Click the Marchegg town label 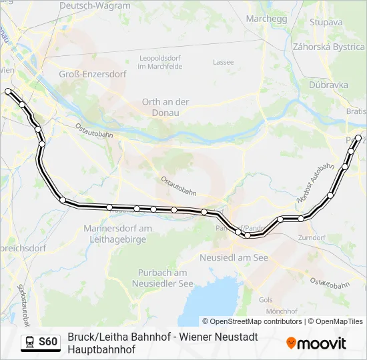pyautogui.click(x=266, y=19)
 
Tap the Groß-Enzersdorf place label pyautogui.click(x=93, y=74)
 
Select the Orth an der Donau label pyautogui.click(x=165, y=107)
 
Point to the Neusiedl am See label pyautogui.click(x=234, y=257)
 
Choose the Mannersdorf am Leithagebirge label pyautogui.click(x=117, y=233)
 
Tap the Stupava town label pyautogui.click(x=326, y=21)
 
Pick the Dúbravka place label pyautogui.click(x=328, y=85)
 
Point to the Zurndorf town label pyautogui.click(x=312, y=237)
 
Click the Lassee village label pyautogui.click(x=223, y=62)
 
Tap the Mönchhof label pyautogui.click(x=281, y=311)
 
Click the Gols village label pyautogui.click(x=266, y=300)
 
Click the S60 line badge pyautogui.click(x=48, y=342)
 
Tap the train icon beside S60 pyautogui.click(x=29, y=342)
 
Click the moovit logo pyautogui.click(x=316, y=343)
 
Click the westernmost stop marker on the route pyautogui.click(x=8, y=91)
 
